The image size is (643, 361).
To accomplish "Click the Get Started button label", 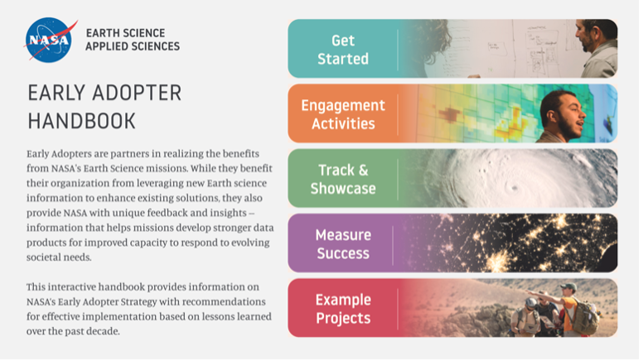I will [x=343, y=49].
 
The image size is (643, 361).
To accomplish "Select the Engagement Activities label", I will [x=343, y=114].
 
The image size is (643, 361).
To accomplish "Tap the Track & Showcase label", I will [x=343, y=179].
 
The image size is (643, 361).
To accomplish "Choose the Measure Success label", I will [x=343, y=243].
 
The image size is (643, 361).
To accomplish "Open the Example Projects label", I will [x=343, y=308].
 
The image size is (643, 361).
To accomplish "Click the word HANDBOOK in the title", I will [x=81, y=121].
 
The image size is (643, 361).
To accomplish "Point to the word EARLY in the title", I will [x=56, y=93].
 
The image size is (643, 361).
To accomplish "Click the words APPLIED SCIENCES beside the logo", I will [x=132, y=46].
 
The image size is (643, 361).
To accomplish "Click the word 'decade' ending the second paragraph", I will [x=125, y=331].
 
